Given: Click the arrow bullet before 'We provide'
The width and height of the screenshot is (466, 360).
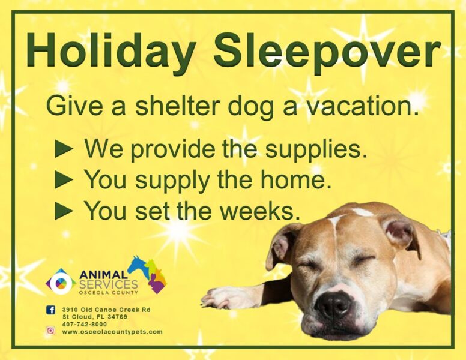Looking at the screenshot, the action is point(64,149).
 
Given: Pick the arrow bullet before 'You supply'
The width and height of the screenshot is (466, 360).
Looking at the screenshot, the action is point(64,180).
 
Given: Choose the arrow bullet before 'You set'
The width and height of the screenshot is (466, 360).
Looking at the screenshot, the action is point(64,211).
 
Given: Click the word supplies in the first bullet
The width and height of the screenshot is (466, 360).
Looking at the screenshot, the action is point(316,150).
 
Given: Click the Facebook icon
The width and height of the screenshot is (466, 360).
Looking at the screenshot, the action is point(50,310).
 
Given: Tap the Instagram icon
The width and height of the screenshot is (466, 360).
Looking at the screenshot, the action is point(50,331).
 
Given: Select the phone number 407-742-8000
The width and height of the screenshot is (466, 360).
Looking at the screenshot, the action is point(84,325).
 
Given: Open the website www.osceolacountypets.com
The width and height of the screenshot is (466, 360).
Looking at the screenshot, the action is point(112,332).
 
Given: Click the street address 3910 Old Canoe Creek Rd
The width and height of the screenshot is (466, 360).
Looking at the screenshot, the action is point(106,310).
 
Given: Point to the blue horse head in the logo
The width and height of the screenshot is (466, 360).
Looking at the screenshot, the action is point(138,265).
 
